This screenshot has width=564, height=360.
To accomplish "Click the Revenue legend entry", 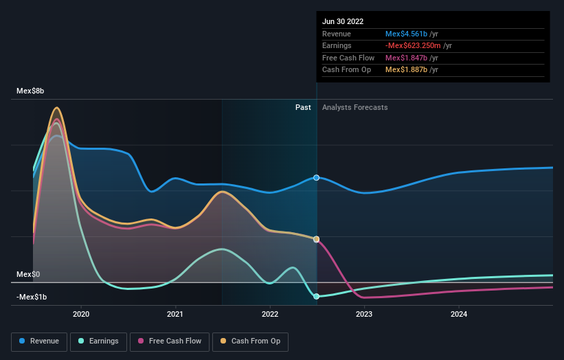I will tap(39, 341).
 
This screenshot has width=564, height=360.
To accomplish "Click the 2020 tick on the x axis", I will tap(81, 314).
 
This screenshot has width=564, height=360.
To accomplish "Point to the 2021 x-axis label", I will tap(175, 314).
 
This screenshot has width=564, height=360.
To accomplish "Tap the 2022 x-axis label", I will tap(270, 314).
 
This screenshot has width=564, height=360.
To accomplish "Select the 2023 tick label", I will tap(364, 314).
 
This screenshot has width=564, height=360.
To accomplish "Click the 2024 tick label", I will tap(459, 314).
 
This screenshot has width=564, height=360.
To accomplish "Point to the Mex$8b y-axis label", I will tap(30, 91).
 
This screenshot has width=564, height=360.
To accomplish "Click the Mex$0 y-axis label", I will tap(28, 274).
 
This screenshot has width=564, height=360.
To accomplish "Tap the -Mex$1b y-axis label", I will tap(31, 297).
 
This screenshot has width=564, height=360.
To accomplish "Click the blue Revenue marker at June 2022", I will tap(317, 177).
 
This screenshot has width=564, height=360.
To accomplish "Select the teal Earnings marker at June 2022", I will tap(317, 297).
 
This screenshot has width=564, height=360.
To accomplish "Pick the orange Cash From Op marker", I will tap(317, 239).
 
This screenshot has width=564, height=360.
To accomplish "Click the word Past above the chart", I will tap(303, 107).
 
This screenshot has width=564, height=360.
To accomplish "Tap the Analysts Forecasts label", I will tap(354, 107).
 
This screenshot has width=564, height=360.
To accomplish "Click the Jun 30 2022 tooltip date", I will tap(343, 21).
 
